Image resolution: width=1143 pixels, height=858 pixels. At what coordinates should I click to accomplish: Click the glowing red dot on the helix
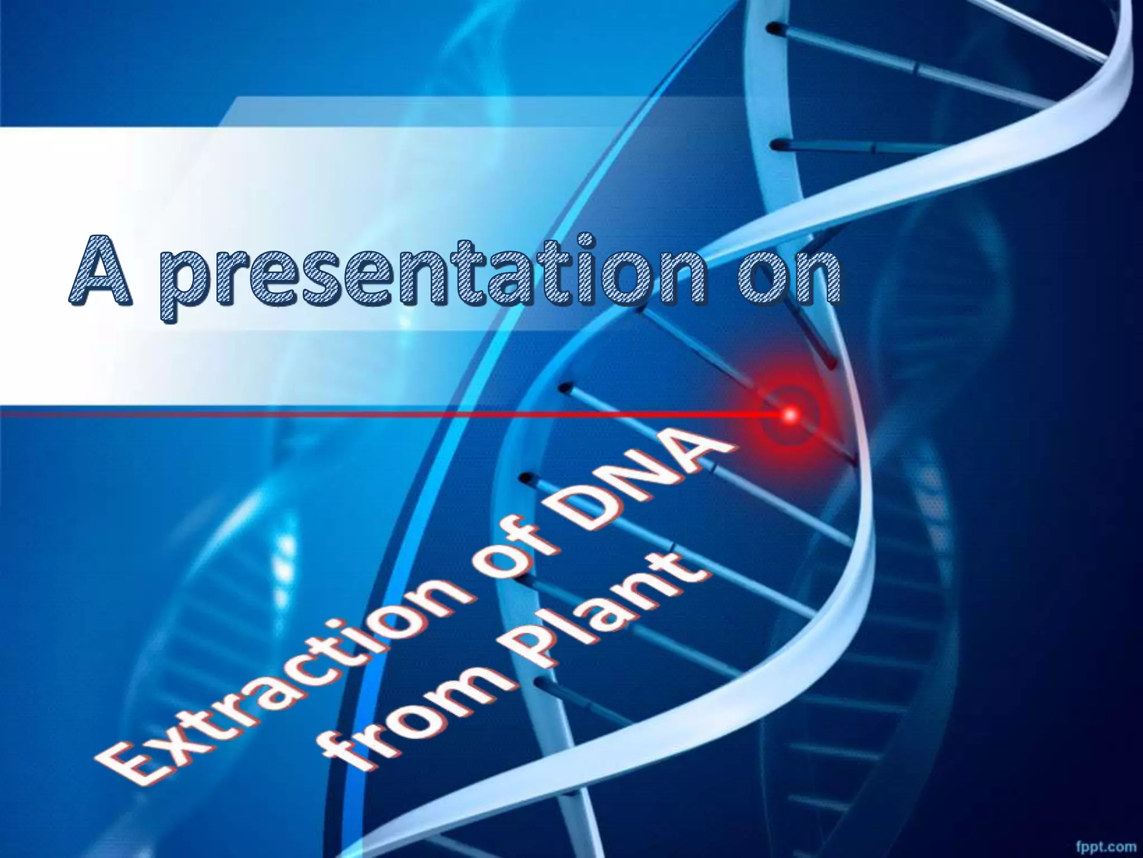click(790, 414)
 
